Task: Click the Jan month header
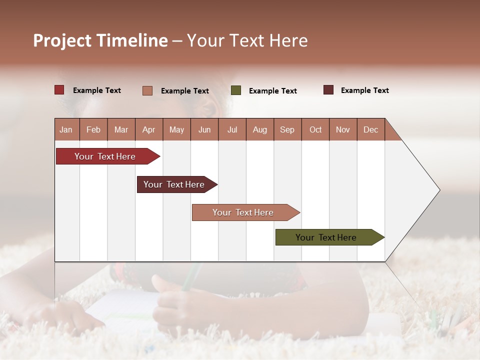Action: tap(66, 129)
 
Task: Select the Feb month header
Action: tap(93, 129)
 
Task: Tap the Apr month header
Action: tap(148, 129)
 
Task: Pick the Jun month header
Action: tap(204, 129)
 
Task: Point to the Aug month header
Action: tap(259, 129)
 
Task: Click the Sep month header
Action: tap(287, 129)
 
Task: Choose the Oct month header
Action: tap(315, 129)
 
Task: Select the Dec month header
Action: tap(370, 129)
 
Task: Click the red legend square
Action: tap(59, 90)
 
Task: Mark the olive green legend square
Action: tap(236, 90)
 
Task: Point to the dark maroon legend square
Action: tap(328, 90)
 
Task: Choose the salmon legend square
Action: tap(147, 90)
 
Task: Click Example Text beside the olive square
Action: tap(272, 91)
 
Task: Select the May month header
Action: tap(176, 129)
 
